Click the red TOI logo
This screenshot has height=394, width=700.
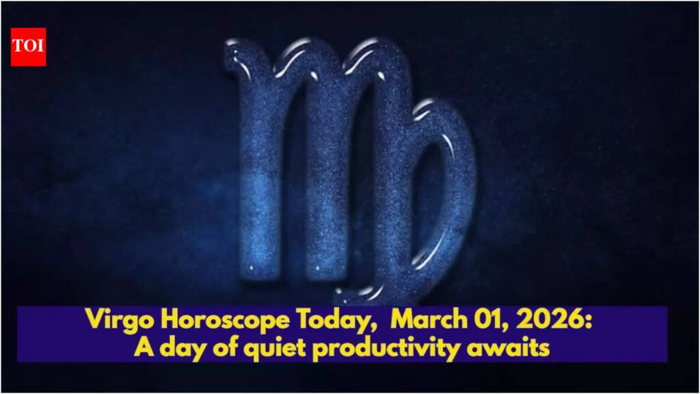pyautogui.click(x=28, y=47)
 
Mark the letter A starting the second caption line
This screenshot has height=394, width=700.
pyautogui.click(x=142, y=348)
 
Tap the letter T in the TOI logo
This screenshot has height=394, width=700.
pyautogui.click(x=18, y=47)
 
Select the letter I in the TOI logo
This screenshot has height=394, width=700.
pyautogui.click(x=40, y=47)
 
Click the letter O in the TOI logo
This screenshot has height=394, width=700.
pyautogui.click(x=29, y=47)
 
